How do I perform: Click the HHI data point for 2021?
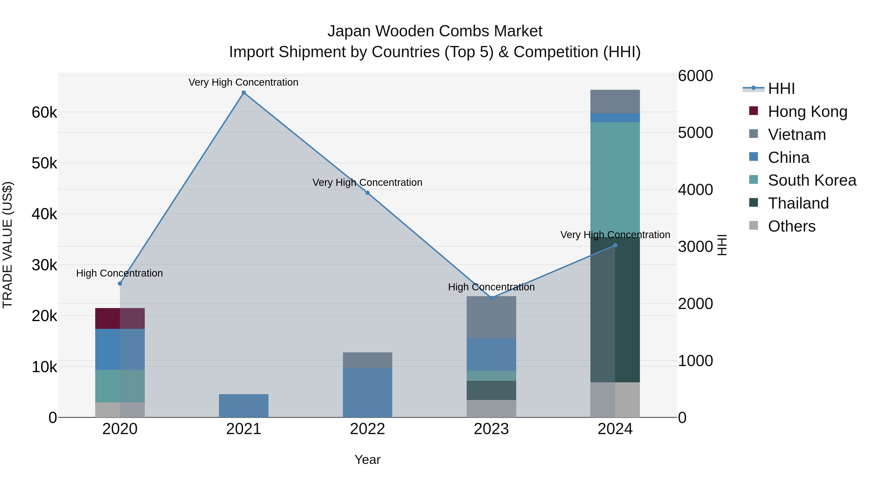(244, 93)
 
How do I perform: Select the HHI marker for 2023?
(491, 298)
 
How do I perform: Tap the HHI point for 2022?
(367, 193)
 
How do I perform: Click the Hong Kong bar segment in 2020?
(120, 318)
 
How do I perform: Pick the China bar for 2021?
(244, 406)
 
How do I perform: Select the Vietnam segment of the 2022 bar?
(367, 360)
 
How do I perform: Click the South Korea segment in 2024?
(615, 179)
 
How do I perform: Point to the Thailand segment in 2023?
(491, 390)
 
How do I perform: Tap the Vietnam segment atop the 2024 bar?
(615, 101)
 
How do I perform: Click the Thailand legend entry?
(798, 203)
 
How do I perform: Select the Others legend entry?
(791, 226)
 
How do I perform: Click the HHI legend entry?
(781, 89)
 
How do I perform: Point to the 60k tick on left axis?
(44, 112)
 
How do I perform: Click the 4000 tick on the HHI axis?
(695, 190)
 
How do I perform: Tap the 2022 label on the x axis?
(367, 429)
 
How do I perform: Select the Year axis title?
(367, 460)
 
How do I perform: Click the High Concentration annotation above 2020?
(120, 273)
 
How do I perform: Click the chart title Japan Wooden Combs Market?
(435, 31)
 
